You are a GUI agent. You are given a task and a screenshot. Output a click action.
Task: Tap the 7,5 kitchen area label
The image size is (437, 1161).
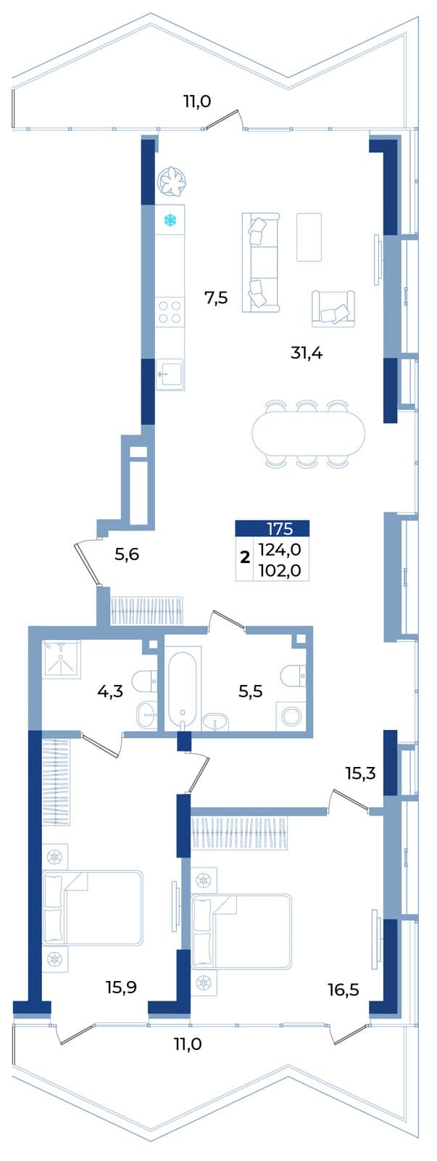[x=216, y=298]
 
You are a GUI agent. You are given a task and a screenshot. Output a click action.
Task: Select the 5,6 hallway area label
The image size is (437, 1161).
[x=127, y=554]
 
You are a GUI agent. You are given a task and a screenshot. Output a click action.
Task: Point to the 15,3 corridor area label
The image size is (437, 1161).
[x=360, y=774]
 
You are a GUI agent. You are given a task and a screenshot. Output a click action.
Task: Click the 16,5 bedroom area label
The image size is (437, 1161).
[x=344, y=990]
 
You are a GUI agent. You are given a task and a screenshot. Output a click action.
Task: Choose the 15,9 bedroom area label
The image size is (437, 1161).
[x=121, y=988]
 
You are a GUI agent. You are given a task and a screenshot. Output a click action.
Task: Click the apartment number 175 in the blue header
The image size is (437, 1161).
[x=280, y=529]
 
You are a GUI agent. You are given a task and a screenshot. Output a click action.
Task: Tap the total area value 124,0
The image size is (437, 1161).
[x=280, y=549]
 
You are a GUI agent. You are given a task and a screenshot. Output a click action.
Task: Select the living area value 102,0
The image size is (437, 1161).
[x=280, y=570]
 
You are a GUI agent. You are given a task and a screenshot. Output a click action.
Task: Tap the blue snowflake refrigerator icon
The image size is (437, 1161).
[x=170, y=221]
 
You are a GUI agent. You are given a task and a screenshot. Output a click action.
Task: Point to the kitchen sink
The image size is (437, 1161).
[x=170, y=373]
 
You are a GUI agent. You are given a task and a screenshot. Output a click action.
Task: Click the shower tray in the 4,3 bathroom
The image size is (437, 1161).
[x=61, y=660]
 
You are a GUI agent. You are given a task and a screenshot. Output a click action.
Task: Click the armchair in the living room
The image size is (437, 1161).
[x=333, y=308]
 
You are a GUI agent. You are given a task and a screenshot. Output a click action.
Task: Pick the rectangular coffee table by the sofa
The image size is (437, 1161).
[x=309, y=237]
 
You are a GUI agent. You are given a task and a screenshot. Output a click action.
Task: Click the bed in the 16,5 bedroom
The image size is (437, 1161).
[x=241, y=931]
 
